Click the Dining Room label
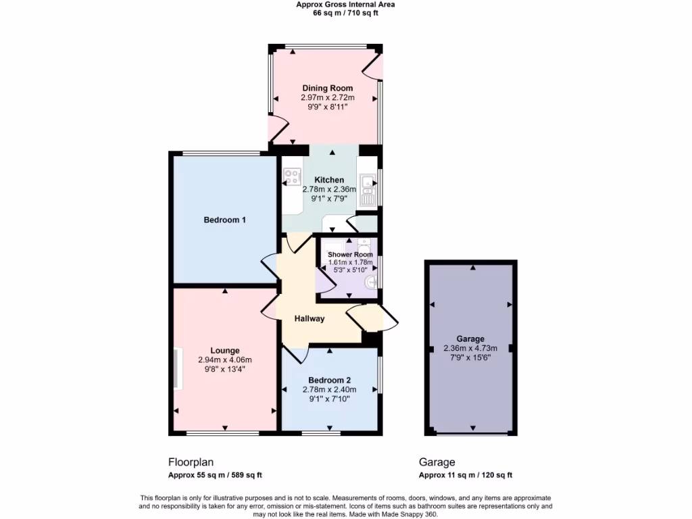[327, 89]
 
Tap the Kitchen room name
[329, 180]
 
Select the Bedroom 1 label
[224, 220]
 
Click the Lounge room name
[224, 351]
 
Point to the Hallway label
[309, 319]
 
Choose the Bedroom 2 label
[330, 380]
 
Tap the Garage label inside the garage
[470, 339]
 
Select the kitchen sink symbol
[368, 190]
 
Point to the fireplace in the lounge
[178, 368]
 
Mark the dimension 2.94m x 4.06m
[224, 360]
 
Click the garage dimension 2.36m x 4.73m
[470, 349]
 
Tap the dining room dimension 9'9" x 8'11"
[327, 107]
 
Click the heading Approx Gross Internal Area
[345, 4]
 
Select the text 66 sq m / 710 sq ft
[345, 13]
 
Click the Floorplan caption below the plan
[191, 463]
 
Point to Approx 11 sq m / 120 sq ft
[466, 475]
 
